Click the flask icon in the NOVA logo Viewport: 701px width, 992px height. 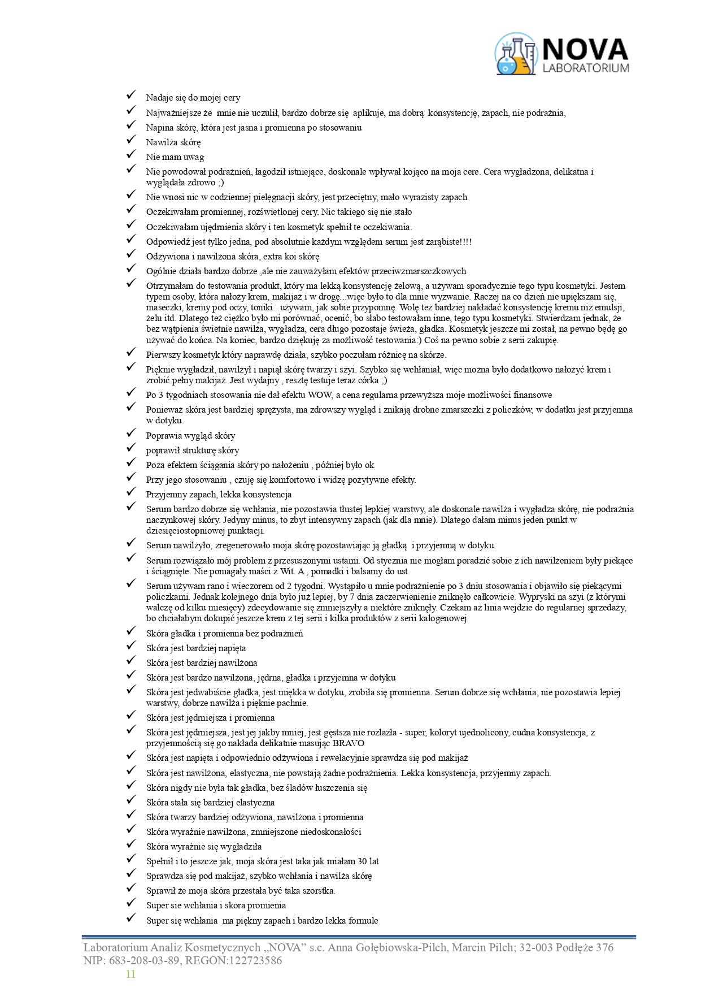point(516,55)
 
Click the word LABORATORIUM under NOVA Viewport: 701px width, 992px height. point(585,68)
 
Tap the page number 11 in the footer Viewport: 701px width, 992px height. point(130,974)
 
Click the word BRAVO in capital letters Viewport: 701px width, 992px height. point(348,743)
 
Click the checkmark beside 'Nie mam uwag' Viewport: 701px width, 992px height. point(131,155)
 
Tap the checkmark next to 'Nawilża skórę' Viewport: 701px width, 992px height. point(131,141)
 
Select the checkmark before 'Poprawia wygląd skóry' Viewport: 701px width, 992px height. point(131,434)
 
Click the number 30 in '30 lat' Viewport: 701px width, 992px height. point(363,861)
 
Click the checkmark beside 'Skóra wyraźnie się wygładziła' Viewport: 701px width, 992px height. point(131,845)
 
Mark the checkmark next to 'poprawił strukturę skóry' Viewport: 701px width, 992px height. point(131,449)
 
